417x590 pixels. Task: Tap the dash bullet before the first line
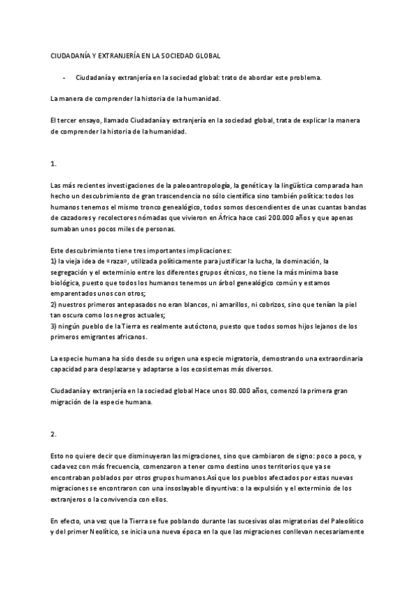(64, 77)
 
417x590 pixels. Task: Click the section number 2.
(54, 433)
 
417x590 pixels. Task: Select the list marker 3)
(56, 326)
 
